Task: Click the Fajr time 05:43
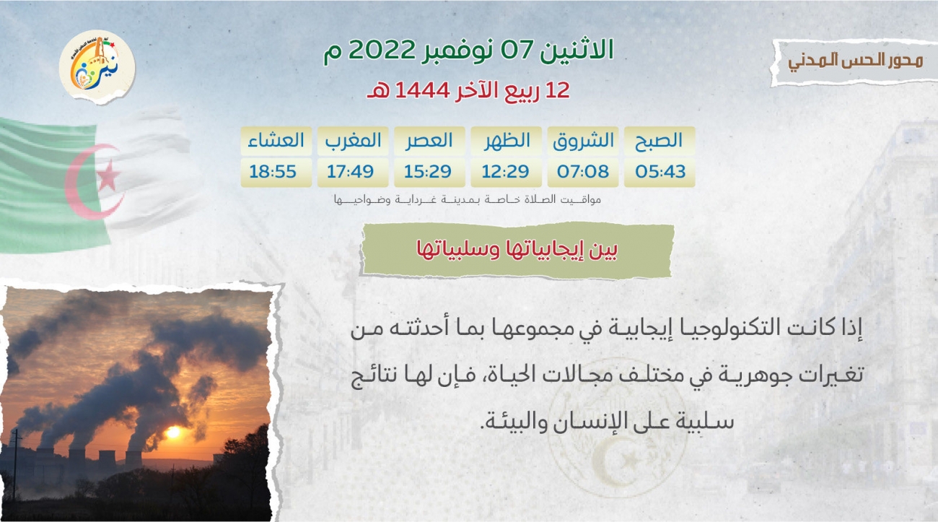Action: [660, 172]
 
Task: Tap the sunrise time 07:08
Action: [583, 172]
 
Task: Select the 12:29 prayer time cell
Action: [505, 172]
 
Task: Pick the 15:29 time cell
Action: [428, 172]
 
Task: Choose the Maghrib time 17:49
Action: [351, 172]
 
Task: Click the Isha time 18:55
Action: [273, 172]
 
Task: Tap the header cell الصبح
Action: [659, 141]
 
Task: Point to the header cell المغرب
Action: [353, 141]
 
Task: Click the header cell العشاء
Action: [276, 140]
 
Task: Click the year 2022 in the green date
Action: [382, 51]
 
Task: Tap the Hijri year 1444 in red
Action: [423, 90]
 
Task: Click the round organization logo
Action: [97, 66]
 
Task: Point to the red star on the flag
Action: [108, 175]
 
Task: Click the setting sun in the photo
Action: [173, 432]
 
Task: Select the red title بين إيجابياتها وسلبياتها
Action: [517, 250]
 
